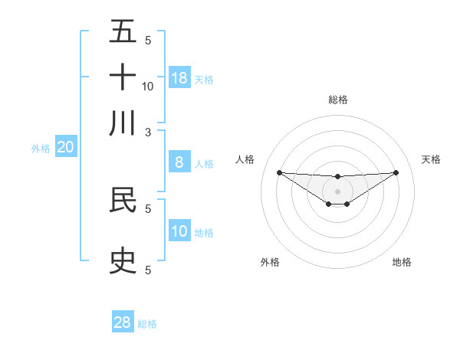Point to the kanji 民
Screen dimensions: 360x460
click(123, 200)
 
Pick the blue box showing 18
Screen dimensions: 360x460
click(179, 77)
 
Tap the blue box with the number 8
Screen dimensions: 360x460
click(179, 162)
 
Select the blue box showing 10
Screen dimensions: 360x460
click(179, 231)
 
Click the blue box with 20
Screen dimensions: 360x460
click(65, 148)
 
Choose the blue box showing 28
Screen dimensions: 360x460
click(123, 322)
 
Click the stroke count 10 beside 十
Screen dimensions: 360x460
click(148, 86)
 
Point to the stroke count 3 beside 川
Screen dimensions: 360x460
click(148, 132)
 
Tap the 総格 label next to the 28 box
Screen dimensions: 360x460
click(147, 324)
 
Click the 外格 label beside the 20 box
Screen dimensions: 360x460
click(41, 149)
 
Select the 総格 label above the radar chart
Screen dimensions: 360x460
click(337, 100)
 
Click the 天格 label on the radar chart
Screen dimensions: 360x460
click(431, 159)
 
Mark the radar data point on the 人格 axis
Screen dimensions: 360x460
click(279, 172)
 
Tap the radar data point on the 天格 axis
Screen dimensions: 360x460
click(396, 172)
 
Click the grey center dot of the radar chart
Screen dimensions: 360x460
click(337, 191)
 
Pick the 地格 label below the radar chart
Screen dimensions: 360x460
click(402, 263)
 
